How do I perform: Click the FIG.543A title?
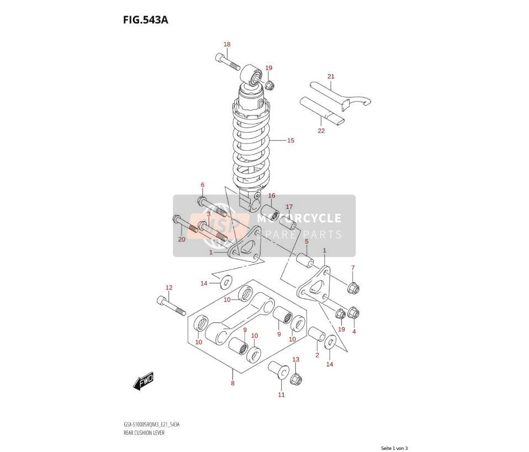click(145, 20)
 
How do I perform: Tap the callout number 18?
click(227, 44)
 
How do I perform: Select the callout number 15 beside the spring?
click(290, 140)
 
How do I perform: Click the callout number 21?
click(331, 76)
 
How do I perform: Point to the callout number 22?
click(321, 130)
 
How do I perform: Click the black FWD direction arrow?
click(144, 381)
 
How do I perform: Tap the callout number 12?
click(169, 287)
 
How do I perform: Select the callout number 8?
click(232, 383)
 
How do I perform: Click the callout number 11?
click(282, 395)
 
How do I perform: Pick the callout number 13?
click(295, 359)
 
